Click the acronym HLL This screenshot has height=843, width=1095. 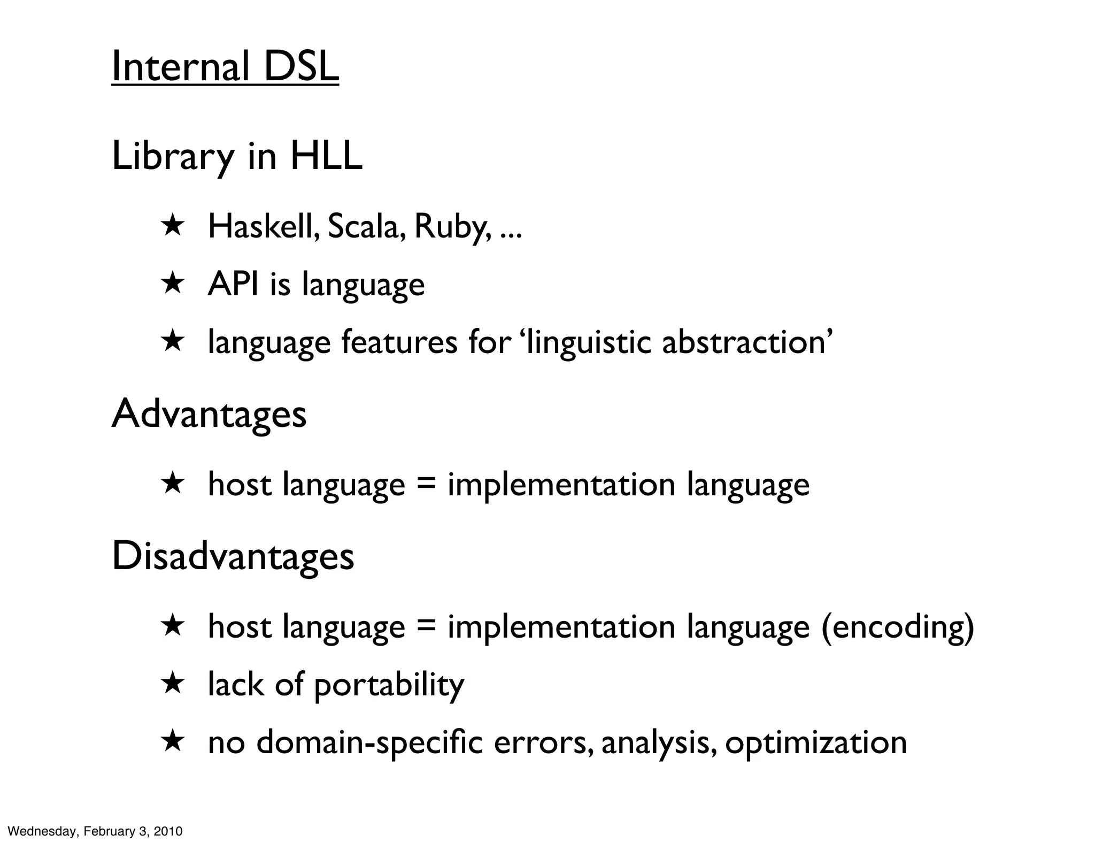pos(326,156)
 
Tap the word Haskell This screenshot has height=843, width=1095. pos(264,226)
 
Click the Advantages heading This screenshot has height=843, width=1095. pos(209,414)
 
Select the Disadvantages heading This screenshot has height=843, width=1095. pos(233,556)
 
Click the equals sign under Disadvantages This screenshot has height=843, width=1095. pos(426,627)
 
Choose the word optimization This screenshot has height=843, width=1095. pos(816,743)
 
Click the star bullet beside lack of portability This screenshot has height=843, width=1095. pos(173,683)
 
